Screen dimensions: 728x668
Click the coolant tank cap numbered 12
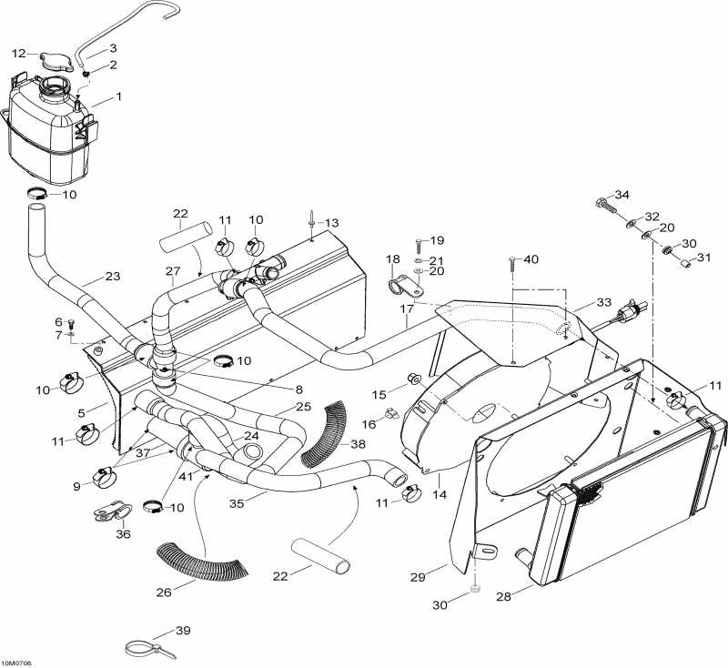click(56, 62)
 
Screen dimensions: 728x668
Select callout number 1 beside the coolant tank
click(119, 96)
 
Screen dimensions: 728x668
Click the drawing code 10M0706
click(16, 663)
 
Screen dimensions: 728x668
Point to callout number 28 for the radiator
click(504, 596)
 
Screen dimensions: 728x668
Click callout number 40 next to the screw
click(531, 259)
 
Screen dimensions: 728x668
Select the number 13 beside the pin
click(331, 223)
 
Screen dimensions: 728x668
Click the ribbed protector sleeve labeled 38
click(325, 434)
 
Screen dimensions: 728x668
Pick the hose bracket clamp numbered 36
click(112, 511)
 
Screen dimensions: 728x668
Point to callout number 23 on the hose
click(112, 276)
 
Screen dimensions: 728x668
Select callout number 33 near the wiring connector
click(603, 302)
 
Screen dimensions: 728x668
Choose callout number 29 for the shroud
click(418, 577)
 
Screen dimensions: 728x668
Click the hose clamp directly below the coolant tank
click(42, 193)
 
